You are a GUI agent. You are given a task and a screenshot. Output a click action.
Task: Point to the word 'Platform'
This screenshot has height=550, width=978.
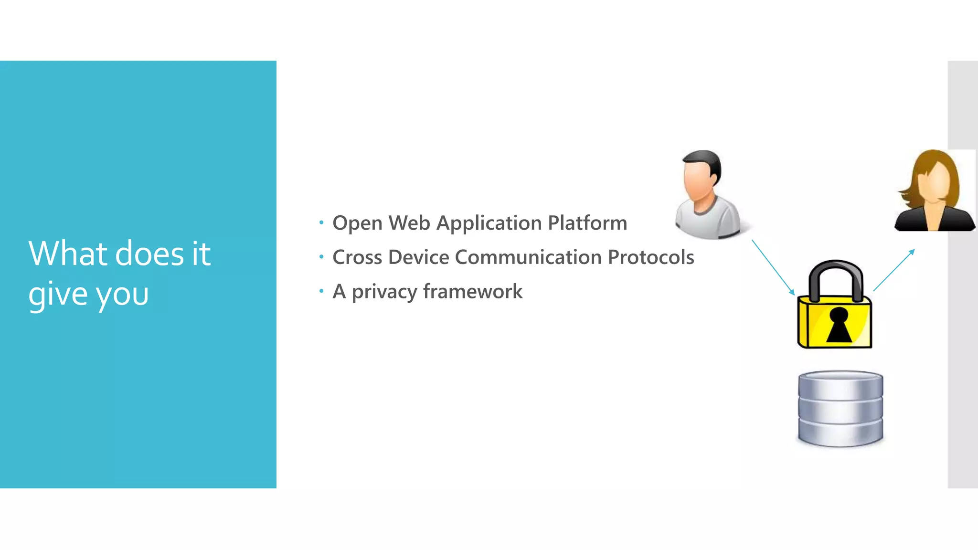[587, 223]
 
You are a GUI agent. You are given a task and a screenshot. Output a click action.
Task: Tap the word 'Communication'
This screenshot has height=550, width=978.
[528, 257]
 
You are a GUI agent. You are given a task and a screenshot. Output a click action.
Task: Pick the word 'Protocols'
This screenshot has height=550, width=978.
[650, 257]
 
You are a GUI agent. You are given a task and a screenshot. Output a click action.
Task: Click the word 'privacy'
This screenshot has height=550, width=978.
[384, 292]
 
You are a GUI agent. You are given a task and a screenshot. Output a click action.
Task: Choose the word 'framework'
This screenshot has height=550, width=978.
[472, 291]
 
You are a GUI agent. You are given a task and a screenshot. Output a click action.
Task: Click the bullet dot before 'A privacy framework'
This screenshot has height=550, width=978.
[321, 291]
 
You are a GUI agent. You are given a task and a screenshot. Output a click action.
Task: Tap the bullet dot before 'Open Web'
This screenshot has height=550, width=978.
[321, 222]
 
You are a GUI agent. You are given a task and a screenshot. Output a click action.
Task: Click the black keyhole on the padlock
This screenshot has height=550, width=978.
[839, 325]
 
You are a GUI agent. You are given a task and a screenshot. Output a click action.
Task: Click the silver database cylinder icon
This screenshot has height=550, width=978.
[840, 409]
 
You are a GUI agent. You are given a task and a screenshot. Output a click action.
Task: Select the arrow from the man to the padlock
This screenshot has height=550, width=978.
[773, 267]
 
